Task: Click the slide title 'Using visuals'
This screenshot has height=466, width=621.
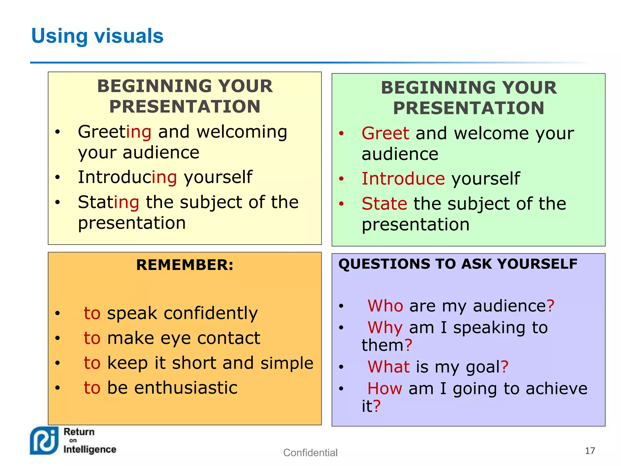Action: click(97, 36)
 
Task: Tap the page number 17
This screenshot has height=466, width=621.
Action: click(589, 451)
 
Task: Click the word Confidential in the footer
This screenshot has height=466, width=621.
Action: click(310, 453)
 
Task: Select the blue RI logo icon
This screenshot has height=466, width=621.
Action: click(44, 441)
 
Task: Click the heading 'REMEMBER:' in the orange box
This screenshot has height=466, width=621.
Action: click(185, 265)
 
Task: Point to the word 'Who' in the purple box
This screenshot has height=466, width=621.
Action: click(385, 306)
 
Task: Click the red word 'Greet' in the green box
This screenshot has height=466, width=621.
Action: click(385, 133)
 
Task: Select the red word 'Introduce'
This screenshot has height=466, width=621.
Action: click(403, 179)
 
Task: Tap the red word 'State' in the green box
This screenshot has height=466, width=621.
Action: click(384, 204)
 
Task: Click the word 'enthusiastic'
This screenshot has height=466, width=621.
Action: click(186, 388)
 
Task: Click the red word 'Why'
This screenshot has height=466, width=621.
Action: click(385, 328)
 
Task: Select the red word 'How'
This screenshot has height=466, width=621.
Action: click(384, 389)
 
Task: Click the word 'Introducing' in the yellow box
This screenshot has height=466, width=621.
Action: click(127, 177)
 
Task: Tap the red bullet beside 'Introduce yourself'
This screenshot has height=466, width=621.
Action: click(341, 179)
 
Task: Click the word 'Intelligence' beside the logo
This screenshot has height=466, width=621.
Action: click(90, 449)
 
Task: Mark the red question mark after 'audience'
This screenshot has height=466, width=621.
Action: click(550, 306)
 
